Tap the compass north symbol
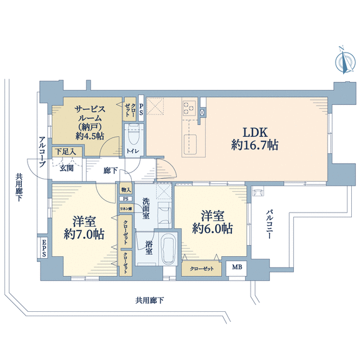344,61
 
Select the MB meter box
236,267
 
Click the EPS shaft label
44,248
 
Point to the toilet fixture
134,135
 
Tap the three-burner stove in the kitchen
189,107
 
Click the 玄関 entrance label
66,168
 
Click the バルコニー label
269,224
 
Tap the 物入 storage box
126,189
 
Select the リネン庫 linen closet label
126,209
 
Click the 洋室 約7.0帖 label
84,228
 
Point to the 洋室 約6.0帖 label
212,222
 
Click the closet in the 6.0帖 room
202,269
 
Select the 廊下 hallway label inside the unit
111,171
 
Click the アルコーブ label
42,152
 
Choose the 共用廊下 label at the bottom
149,300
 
